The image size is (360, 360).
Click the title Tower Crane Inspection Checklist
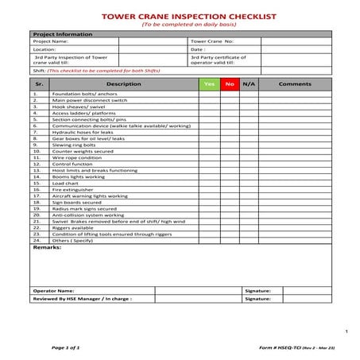coord(179,15)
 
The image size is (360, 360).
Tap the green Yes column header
coord(209,83)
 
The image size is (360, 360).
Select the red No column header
coord(230,83)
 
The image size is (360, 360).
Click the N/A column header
coord(249,83)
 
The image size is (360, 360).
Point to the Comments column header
coord(295,83)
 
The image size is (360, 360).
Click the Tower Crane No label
coord(211,41)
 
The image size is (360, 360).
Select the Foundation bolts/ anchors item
coord(80,95)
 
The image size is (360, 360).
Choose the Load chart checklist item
coord(65,183)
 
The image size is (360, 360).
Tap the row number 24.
coord(37,240)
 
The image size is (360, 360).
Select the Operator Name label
coord(54,291)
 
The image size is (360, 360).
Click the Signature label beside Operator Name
coord(258,291)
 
